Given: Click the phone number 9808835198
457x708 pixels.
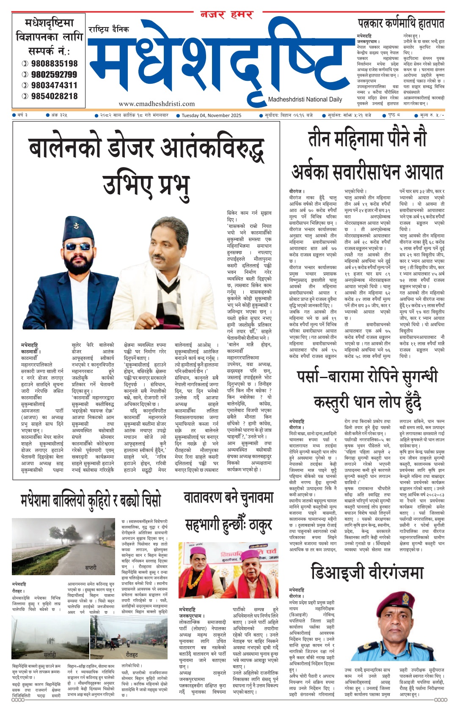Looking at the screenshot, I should click(x=54, y=63).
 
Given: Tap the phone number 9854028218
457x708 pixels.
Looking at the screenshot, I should click(x=54, y=96).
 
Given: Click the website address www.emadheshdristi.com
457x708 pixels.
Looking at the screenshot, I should click(x=157, y=104).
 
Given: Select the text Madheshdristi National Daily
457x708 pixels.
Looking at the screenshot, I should click(x=305, y=99).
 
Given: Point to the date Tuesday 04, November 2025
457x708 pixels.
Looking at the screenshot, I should click(x=211, y=115).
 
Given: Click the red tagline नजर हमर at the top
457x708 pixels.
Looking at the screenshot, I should click(x=226, y=15).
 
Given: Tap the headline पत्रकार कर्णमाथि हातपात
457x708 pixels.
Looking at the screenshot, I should click(x=401, y=23).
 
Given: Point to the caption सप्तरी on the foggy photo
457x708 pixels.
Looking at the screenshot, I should click(x=91, y=567).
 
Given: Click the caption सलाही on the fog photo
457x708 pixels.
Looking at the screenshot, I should click(x=50, y=655).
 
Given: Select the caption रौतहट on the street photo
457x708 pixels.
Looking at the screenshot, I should click(x=131, y=655).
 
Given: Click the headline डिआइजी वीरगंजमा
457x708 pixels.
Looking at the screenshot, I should click(x=367, y=572).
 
